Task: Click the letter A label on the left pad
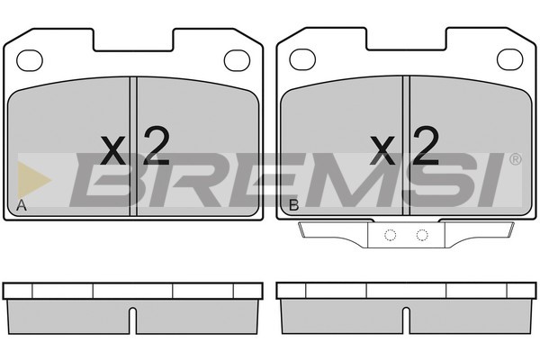(22, 205)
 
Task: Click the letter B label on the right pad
(293, 205)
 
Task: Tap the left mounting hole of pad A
(30, 60)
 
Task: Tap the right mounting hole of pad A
(237, 60)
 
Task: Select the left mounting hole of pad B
(302, 59)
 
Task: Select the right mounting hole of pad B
(510, 59)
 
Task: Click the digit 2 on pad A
(157, 145)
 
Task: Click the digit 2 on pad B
(426, 145)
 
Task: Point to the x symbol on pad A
(113, 150)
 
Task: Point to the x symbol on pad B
(382, 150)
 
